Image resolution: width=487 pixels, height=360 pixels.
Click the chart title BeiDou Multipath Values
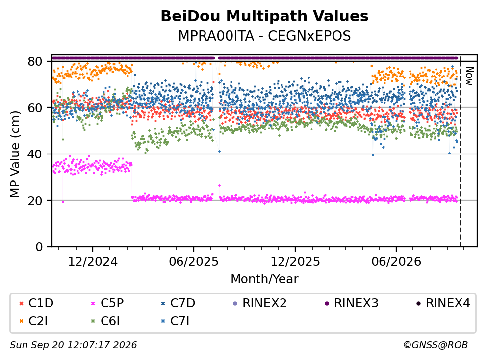264,16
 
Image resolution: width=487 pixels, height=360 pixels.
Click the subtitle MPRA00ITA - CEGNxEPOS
264,36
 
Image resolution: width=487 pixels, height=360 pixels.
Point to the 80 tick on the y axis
35,61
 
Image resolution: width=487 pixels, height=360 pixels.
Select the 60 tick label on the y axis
35,108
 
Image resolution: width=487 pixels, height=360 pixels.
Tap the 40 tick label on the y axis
35,154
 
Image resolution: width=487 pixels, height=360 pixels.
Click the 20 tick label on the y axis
35,200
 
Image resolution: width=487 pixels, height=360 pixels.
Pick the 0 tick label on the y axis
39,247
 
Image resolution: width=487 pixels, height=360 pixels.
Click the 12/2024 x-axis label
93,262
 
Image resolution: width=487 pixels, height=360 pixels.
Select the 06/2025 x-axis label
194,262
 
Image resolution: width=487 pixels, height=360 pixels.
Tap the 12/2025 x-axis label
295,262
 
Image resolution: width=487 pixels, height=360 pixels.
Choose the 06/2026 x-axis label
396,262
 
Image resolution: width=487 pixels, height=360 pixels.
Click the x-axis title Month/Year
264,279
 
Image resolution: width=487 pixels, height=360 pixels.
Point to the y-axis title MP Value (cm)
15,154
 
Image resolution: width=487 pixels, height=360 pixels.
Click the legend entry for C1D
36,303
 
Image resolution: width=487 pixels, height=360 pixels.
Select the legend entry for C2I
33,321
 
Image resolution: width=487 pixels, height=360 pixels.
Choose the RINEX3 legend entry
351,303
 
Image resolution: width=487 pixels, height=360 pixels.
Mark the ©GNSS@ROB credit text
436,345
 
